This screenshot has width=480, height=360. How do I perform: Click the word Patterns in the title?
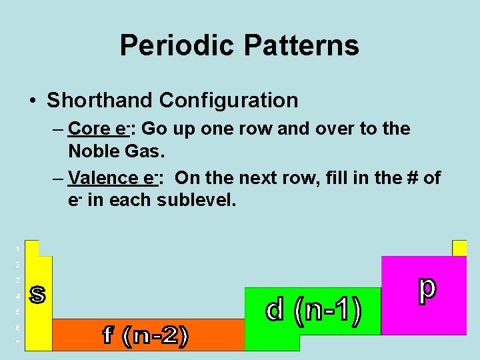pyautogui.click(x=301, y=45)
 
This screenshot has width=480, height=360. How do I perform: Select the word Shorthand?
pyautogui.click(x=100, y=101)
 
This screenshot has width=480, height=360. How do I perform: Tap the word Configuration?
pyautogui.click(x=229, y=101)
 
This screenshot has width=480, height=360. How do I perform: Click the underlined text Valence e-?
pyautogui.click(x=112, y=178)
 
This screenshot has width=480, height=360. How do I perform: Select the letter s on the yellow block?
pyautogui.click(x=38, y=295)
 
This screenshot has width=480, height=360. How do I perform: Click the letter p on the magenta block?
pyautogui.click(x=426, y=289)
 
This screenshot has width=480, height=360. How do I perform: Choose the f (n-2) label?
pyautogui.click(x=145, y=335)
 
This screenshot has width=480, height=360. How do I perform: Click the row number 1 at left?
pyautogui.click(x=18, y=249)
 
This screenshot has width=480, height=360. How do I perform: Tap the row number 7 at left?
pyautogui.click(x=18, y=343)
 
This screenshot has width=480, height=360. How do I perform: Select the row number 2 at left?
pyautogui.click(x=18, y=265)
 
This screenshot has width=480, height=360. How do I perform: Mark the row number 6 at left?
pyautogui.click(x=18, y=327)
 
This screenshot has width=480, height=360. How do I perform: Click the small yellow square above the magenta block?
pyautogui.click(x=459, y=248)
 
